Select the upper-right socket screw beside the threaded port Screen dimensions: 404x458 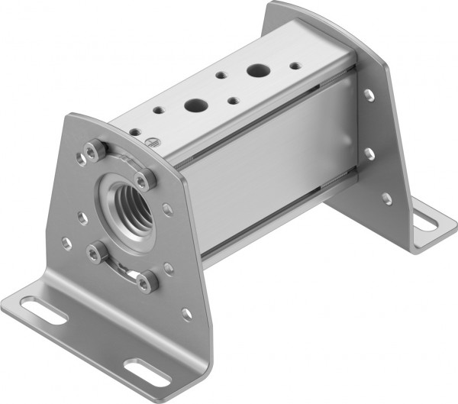click(144, 180)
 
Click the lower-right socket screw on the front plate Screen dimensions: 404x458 click(146, 283)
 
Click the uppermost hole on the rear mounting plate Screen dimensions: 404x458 click(369, 95)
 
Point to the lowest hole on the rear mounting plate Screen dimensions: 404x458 click(387, 199)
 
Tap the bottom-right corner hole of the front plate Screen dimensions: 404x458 click(186, 313)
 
